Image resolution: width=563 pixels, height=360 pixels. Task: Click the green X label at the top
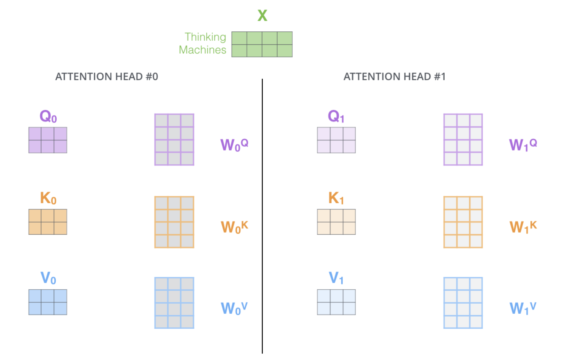[x=262, y=15]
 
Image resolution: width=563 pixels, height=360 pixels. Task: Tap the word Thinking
[x=205, y=37]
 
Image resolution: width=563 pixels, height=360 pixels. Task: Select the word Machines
[x=202, y=50]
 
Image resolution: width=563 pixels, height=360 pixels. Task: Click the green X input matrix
[x=262, y=44]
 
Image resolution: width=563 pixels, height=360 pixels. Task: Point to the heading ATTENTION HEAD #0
[x=107, y=77]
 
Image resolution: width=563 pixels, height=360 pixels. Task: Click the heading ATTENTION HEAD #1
[x=394, y=77]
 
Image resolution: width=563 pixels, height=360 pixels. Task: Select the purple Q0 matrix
[x=48, y=140]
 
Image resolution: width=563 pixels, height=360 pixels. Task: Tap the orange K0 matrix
[x=48, y=222]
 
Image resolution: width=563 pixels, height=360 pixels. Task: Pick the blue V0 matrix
[x=48, y=302]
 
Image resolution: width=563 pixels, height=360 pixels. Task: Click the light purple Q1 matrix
[x=336, y=140]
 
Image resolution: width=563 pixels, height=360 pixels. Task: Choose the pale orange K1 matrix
[x=336, y=222]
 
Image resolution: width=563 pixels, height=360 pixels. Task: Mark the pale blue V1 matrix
[x=336, y=302]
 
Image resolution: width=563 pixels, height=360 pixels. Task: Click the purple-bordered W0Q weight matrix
[x=174, y=139]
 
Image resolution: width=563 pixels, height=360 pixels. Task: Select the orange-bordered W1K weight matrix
[x=463, y=222]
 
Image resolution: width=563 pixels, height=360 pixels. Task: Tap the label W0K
[x=234, y=227]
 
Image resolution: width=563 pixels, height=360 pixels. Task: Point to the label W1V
[x=523, y=308]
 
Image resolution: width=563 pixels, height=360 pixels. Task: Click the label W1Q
[x=523, y=145]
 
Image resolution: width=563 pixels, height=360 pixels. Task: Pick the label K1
[x=336, y=198]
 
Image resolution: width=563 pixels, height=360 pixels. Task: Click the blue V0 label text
[x=48, y=278]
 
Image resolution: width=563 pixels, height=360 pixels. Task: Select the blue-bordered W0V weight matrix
[x=174, y=303]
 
